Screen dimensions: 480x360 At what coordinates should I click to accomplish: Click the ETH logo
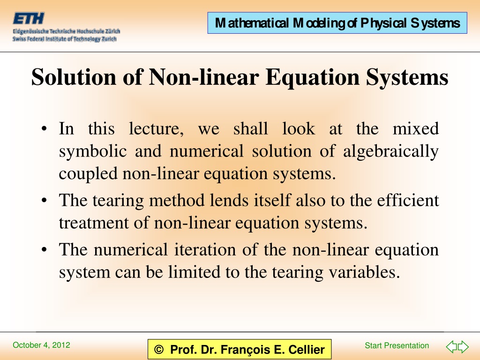(x=29, y=18)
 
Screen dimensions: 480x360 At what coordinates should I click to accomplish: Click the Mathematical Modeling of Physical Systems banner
(x=337, y=23)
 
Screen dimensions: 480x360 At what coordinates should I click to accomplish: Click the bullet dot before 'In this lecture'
(x=44, y=128)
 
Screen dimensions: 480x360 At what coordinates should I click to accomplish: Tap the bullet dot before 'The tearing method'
(x=44, y=201)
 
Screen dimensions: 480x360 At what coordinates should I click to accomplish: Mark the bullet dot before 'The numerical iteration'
(x=44, y=249)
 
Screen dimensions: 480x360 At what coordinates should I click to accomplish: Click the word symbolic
(x=93, y=151)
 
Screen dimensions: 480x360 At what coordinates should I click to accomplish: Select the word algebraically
(x=391, y=151)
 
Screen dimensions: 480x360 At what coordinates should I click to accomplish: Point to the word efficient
(x=408, y=200)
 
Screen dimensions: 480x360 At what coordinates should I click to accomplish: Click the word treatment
(x=94, y=223)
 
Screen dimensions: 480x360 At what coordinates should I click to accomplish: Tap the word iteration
(x=205, y=249)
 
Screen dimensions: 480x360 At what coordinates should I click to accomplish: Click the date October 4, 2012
(x=41, y=345)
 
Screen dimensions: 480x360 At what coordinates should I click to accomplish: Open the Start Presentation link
(x=397, y=345)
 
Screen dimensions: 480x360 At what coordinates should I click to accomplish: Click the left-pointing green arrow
(x=451, y=346)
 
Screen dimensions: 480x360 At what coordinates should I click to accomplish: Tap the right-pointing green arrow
(x=463, y=346)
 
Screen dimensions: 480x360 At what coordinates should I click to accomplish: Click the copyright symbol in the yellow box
(x=159, y=349)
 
